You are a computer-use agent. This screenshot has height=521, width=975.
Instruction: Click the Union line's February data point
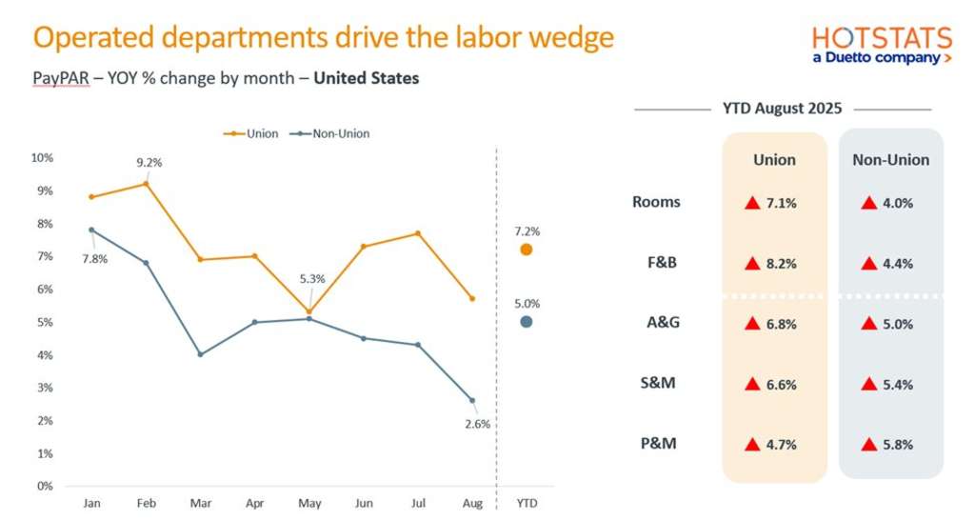click(x=145, y=183)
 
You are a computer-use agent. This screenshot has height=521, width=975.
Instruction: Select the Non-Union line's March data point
click(x=200, y=354)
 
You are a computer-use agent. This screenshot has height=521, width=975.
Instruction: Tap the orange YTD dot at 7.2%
click(x=527, y=250)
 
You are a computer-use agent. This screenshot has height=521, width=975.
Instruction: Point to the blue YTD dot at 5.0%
click(x=527, y=322)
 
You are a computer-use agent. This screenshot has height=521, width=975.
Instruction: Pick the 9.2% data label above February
click(x=149, y=163)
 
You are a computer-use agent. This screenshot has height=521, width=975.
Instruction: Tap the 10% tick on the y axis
click(x=43, y=157)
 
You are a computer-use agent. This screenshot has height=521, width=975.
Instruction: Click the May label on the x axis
click(x=310, y=503)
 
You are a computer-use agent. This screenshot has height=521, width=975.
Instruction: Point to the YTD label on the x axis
click(x=526, y=503)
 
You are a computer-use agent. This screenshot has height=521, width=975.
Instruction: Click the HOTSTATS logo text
click(x=882, y=38)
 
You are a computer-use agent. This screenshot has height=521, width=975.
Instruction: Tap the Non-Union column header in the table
click(x=891, y=160)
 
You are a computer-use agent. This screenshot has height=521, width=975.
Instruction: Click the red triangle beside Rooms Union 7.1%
click(x=752, y=203)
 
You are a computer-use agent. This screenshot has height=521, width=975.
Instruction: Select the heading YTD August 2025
click(x=783, y=109)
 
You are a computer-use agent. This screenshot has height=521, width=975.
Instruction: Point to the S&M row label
click(x=658, y=384)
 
